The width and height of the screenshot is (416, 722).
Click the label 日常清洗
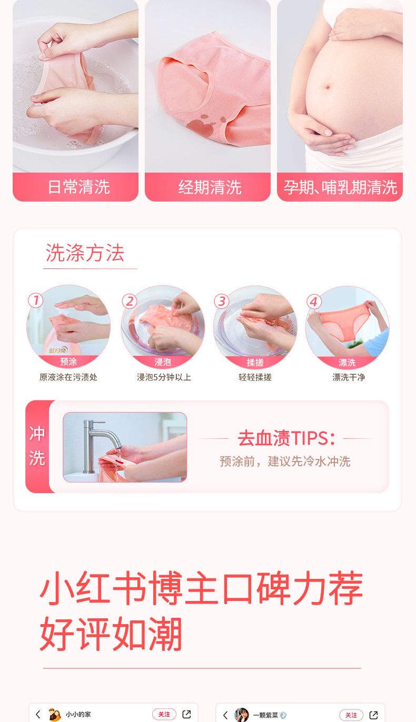[x=79, y=187]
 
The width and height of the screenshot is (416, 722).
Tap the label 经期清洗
[x=210, y=187]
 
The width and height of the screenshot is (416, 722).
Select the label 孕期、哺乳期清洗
[x=340, y=187]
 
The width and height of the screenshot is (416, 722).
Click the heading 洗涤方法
[x=85, y=253]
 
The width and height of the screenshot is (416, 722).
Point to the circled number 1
[x=35, y=300]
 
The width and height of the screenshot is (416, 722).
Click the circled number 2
[x=130, y=302]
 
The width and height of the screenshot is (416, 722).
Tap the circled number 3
[x=222, y=301]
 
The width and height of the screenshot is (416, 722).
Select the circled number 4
[x=314, y=302]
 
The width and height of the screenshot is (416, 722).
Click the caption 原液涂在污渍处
[x=68, y=377]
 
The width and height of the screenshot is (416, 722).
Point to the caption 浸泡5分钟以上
[x=164, y=377]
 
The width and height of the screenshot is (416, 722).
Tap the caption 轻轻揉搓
[x=255, y=377]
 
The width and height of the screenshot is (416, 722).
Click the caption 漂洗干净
[x=349, y=377]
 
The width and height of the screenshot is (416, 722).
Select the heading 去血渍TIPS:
[x=286, y=438]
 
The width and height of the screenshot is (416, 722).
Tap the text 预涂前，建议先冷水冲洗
[x=285, y=461]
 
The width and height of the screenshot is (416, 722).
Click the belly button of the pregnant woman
[x=328, y=87]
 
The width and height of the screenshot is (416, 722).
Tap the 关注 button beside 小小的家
[x=164, y=714]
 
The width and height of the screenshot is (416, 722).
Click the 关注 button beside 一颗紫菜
[x=351, y=715]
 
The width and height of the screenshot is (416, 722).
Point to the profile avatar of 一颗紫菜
[x=242, y=715]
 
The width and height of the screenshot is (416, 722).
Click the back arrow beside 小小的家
[x=38, y=714]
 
